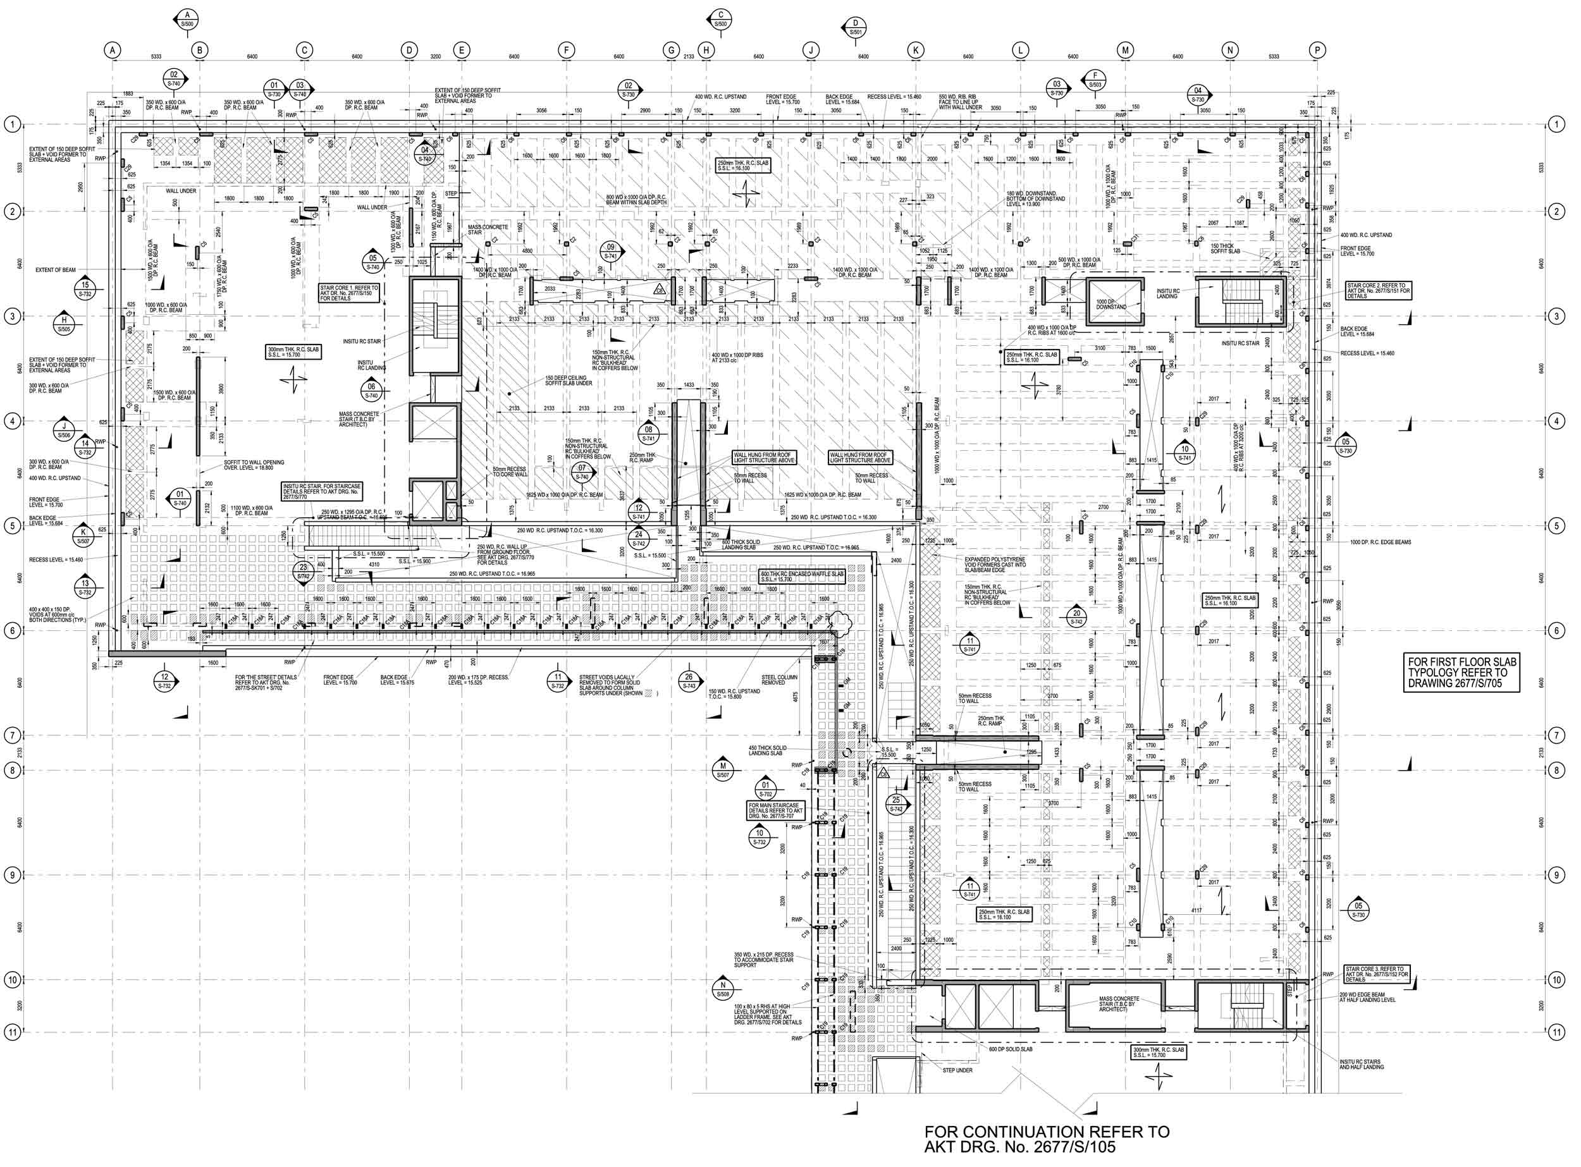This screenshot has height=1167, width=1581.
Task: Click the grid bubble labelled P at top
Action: click(1317, 50)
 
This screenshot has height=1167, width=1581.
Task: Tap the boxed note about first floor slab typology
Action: click(1461, 673)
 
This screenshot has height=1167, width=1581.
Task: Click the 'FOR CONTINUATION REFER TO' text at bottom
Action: click(1046, 1132)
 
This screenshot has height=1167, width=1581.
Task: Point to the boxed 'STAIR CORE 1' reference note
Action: click(350, 293)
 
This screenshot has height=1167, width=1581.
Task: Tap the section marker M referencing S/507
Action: click(722, 769)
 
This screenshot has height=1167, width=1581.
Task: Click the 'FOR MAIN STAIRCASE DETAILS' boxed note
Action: click(775, 810)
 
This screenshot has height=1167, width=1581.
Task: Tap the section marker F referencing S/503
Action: click(1095, 80)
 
